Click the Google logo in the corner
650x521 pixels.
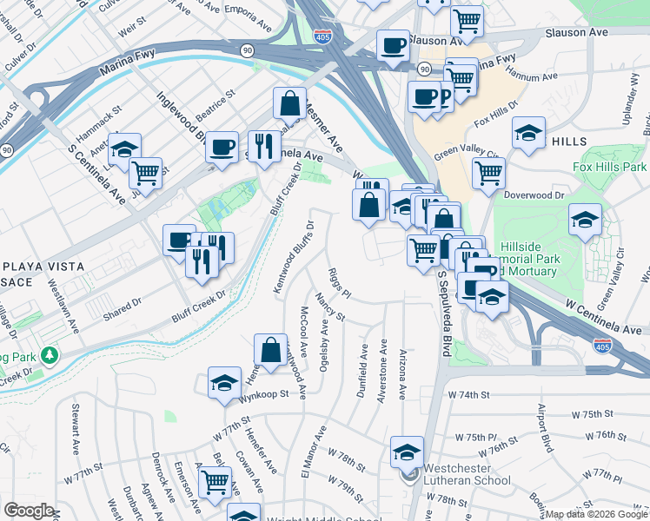click(x=29, y=511)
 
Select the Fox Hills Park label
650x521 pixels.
click(x=610, y=166)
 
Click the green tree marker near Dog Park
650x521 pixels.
click(x=50, y=354)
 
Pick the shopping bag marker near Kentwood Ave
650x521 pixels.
click(x=270, y=351)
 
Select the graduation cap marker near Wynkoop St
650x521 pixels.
click(x=224, y=382)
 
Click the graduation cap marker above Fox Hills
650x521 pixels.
click(x=528, y=133)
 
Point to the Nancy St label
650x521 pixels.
click(x=331, y=307)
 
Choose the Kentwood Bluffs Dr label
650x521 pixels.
click(x=292, y=257)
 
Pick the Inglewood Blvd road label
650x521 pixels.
click(x=178, y=119)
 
